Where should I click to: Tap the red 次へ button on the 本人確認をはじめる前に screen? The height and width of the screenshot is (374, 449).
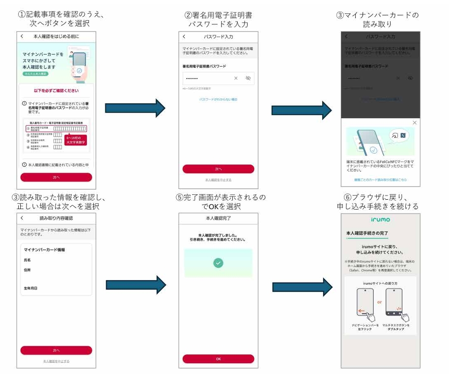point(56,177)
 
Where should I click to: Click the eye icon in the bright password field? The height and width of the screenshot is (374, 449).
point(248,78)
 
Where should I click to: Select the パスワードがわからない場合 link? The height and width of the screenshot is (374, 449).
point(218,99)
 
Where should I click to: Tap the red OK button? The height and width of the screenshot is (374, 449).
point(219,359)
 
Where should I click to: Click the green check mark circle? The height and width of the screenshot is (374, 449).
point(219,263)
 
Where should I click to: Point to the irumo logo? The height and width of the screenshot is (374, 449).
point(380,219)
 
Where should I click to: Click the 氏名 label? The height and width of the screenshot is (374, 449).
point(28,260)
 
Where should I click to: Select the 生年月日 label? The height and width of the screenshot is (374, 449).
point(31,288)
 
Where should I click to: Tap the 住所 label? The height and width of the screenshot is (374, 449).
point(28,269)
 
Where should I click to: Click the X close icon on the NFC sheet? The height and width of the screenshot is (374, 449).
point(415,122)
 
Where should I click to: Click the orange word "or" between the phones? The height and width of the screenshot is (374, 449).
point(379,302)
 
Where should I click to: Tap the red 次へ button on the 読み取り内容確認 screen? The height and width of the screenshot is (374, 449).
point(56,350)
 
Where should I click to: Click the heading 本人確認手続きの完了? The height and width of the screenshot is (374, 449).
point(367,233)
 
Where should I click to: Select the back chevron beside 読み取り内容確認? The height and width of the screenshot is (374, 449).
point(22,218)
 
